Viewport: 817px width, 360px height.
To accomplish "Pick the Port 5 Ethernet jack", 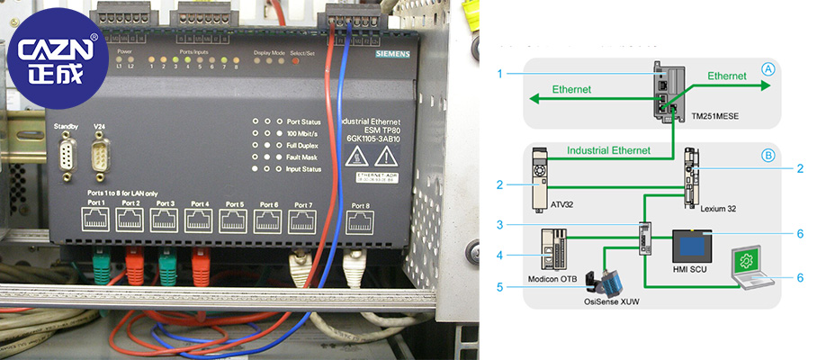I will point(236,220).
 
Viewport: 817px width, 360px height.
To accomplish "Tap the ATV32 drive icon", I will point(541,177).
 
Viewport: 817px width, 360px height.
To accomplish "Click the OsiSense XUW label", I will point(613,305).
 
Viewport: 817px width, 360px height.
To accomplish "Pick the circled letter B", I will point(768,155).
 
